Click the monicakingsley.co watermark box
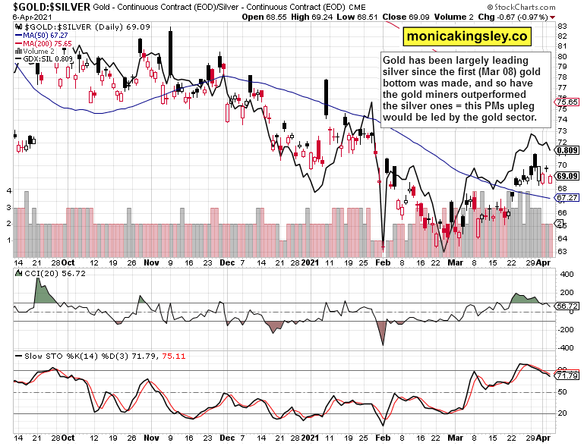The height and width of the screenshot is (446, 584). coord(466,36)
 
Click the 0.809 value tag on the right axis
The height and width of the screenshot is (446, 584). coord(567,150)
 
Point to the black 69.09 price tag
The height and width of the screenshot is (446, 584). coord(567,176)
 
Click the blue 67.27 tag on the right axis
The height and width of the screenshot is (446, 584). coord(567,197)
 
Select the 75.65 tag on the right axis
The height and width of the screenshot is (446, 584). coord(567,102)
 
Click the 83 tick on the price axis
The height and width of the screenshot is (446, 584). coord(563,26)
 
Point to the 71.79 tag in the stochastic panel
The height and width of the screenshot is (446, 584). coord(567,375)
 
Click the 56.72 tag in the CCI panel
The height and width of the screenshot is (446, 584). coord(567,306)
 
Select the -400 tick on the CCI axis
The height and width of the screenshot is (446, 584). coord(565,347)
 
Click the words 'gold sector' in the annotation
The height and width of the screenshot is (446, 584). coord(510,118)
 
